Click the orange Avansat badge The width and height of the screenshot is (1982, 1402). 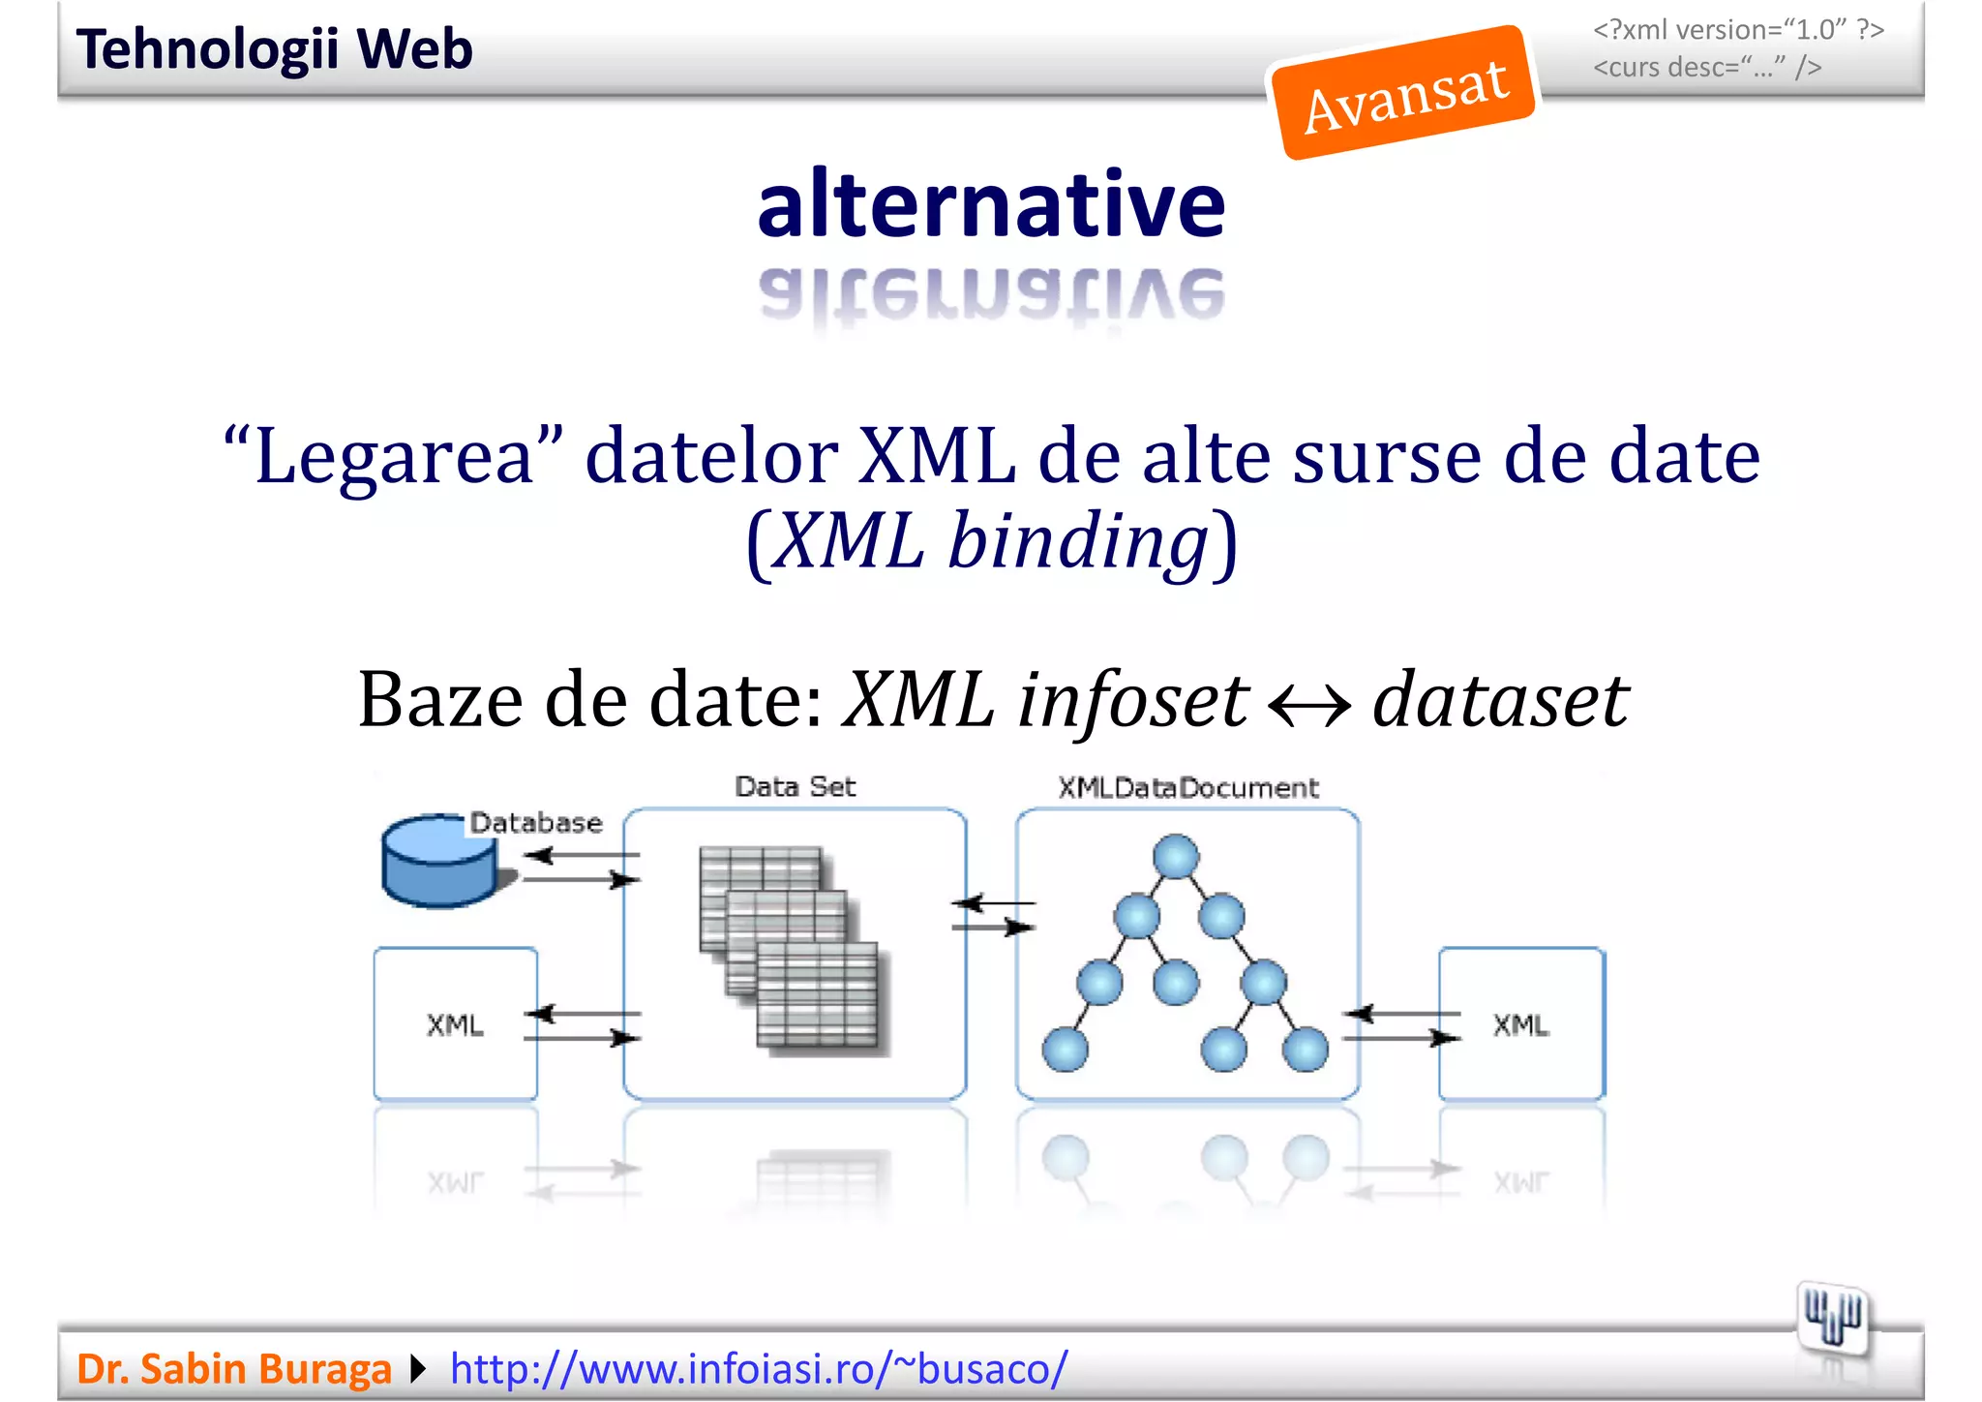(1403, 93)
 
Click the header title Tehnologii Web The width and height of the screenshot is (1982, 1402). (274, 49)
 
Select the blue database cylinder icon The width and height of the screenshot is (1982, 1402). (438, 862)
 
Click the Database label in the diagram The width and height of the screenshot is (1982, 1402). (536, 823)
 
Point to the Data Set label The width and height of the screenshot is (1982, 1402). (795, 786)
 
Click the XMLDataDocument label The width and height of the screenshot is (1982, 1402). (1187, 787)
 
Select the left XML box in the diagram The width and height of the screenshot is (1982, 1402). (456, 1023)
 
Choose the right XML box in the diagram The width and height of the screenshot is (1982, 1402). (1521, 1023)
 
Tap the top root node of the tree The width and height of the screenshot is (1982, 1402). (1176, 857)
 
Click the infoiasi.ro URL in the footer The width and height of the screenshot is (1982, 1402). (759, 1368)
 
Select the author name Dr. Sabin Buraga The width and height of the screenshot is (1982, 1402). (233, 1368)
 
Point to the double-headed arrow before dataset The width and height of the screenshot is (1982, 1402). (1309, 705)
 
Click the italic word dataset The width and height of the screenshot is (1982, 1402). (1500, 699)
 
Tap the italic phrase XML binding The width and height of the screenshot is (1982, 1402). (993, 540)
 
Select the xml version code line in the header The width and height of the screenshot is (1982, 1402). (1738, 30)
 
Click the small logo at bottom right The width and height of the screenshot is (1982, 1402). (1832, 1316)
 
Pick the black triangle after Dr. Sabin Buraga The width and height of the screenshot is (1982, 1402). (418, 1368)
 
